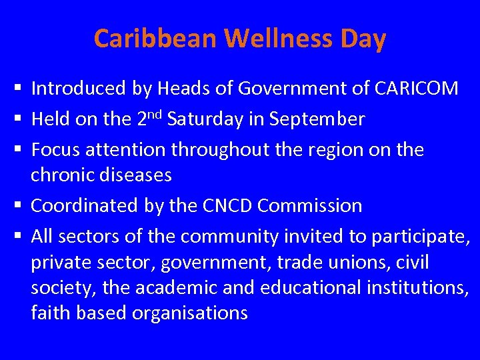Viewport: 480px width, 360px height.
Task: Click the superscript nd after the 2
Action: [x=156, y=115]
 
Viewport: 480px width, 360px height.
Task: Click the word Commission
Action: [x=310, y=205]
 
